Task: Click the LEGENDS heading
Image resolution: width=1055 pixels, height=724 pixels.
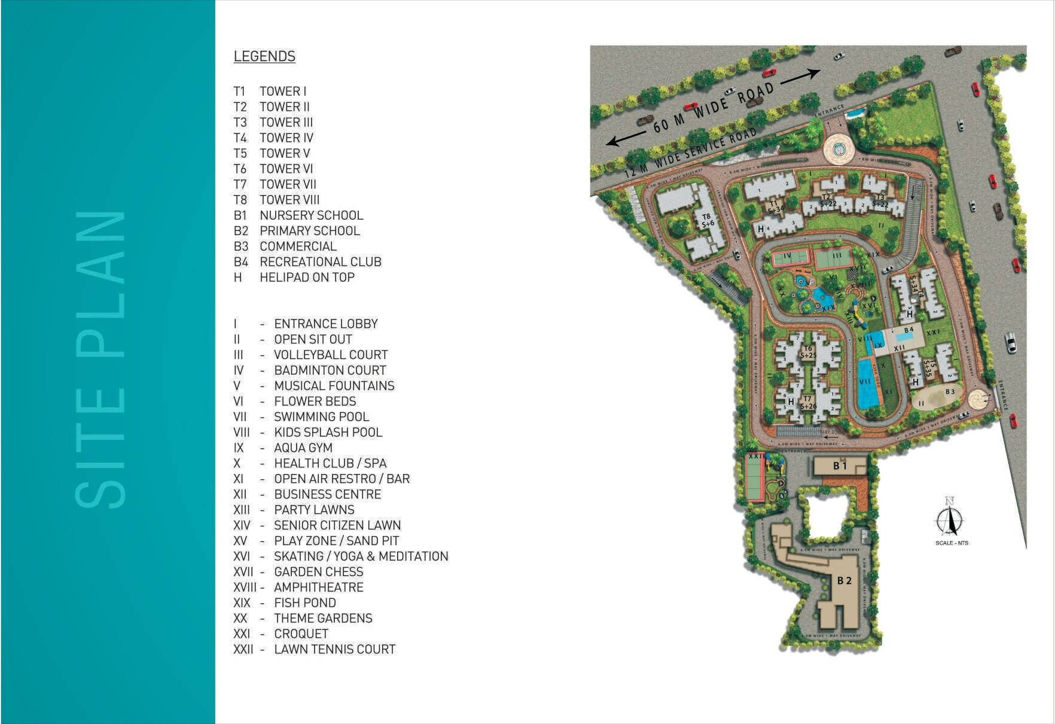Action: tap(264, 56)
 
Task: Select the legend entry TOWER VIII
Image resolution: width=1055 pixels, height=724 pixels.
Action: tap(289, 200)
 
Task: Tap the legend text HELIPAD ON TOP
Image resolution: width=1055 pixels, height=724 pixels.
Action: tap(307, 278)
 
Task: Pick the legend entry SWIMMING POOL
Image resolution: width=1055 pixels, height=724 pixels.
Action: tap(321, 417)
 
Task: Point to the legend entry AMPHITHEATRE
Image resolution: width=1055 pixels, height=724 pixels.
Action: tap(318, 588)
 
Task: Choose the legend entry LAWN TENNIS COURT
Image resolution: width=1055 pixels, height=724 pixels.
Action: tap(334, 649)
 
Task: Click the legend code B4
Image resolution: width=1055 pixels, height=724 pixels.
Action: tap(240, 262)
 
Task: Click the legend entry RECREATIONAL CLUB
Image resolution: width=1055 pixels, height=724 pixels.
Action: tap(320, 262)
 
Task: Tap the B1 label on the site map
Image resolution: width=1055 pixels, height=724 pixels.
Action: tap(840, 466)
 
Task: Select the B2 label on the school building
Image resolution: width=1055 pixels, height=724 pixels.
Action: tap(844, 580)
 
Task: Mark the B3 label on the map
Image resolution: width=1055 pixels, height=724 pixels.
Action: tap(950, 392)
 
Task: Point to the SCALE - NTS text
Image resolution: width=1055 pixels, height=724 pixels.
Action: tap(952, 543)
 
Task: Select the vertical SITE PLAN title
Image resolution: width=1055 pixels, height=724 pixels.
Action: tap(100, 359)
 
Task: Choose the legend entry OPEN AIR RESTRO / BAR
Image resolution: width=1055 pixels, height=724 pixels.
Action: tap(341, 479)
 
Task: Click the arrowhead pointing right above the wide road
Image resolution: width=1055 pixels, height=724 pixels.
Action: tap(815, 72)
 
